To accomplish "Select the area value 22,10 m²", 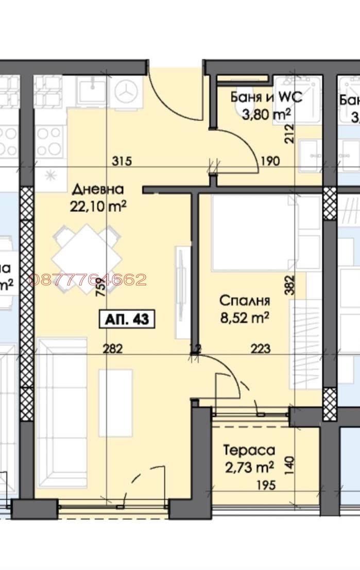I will (x=98, y=206).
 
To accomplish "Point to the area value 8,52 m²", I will (x=245, y=318).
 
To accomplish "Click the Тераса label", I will (x=249, y=450).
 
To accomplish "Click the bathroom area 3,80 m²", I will (x=266, y=113).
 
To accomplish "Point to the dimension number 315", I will (x=122, y=161).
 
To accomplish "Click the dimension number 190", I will (x=270, y=161).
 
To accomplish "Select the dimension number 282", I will (x=112, y=349).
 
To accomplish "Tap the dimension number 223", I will (x=261, y=349).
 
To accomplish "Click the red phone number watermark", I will (x=88, y=280).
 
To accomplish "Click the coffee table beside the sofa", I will (x=116, y=396).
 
